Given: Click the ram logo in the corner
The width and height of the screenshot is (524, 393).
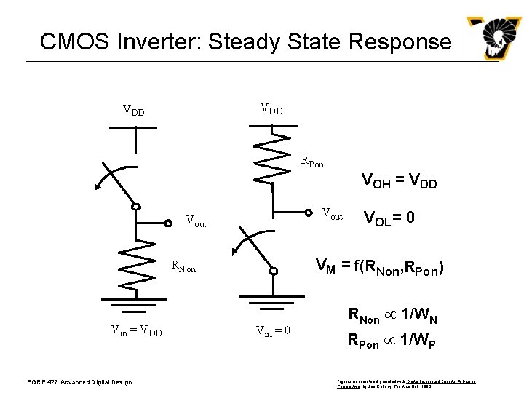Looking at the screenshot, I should (493, 39).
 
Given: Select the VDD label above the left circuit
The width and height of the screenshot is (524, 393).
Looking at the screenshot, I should (133, 111).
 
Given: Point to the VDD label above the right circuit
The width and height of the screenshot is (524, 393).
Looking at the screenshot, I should (271, 110).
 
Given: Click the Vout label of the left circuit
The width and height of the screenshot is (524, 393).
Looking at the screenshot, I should (196, 220).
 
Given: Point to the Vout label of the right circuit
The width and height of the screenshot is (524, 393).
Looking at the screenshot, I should (332, 214).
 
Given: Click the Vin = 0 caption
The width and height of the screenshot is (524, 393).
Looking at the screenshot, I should (273, 331).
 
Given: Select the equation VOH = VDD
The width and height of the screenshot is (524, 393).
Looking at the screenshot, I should (399, 182).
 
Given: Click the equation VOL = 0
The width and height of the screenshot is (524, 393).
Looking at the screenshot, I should (389, 217).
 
